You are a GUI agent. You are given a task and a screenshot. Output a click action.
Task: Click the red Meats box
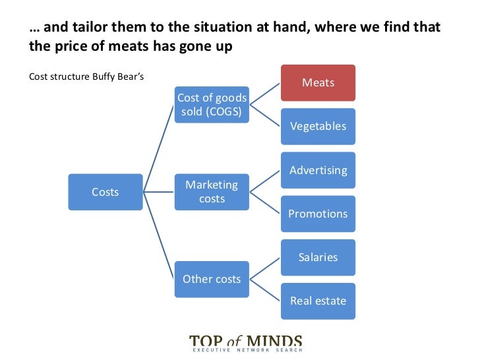pos(318,83)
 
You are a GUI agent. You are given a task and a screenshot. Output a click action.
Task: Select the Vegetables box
pos(318,126)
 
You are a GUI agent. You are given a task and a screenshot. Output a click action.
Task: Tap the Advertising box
pos(318,170)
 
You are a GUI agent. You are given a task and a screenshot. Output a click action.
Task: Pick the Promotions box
pos(318,214)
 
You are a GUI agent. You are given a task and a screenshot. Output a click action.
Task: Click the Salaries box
pos(318,257)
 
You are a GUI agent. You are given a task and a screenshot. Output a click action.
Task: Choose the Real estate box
pos(318,301)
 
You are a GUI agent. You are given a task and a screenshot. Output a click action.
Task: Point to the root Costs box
pos(105,192)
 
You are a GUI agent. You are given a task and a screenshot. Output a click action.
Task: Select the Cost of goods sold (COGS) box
pos(211,104)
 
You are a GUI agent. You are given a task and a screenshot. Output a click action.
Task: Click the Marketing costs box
pos(211,191)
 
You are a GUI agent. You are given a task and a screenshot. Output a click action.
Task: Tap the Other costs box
pos(211,278)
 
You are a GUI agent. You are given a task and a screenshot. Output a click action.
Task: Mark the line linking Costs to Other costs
pos(159,235)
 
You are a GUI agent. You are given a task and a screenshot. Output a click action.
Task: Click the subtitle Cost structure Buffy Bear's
pos(86,76)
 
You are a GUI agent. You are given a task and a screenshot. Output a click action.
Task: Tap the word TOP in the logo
pos(206,342)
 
